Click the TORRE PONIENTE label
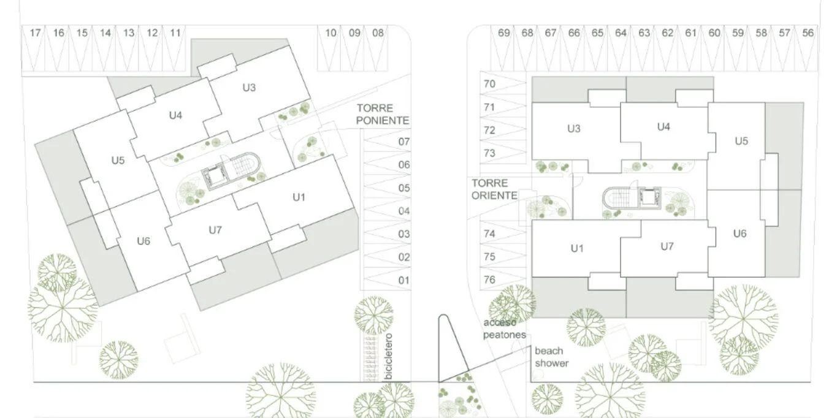(x=382, y=114)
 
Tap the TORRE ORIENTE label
(x=494, y=189)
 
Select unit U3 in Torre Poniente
(x=249, y=88)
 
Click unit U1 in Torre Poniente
(x=299, y=197)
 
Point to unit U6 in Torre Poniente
(x=143, y=241)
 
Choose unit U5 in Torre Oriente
(x=741, y=141)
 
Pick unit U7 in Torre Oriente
(x=667, y=246)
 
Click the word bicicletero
(x=389, y=357)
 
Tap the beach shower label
(x=551, y=357)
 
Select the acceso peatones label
(x=505, y=329)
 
